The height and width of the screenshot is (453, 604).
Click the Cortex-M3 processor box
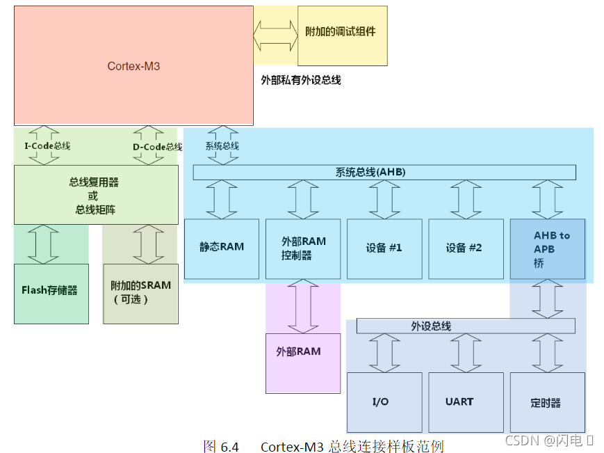point(133,66)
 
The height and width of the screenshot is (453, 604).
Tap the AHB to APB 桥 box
point(548,249)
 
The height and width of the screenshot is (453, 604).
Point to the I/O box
point(384,402)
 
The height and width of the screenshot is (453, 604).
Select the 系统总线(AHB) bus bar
point(384,172)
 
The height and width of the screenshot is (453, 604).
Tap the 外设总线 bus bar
point(466,326)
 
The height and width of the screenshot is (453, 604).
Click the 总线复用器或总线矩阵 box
point(96,194)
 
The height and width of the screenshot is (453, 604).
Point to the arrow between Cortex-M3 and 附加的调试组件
point(275,35)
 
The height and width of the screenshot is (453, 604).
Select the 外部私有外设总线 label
point(300,80)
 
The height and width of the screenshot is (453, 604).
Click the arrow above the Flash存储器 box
point(43,244)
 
